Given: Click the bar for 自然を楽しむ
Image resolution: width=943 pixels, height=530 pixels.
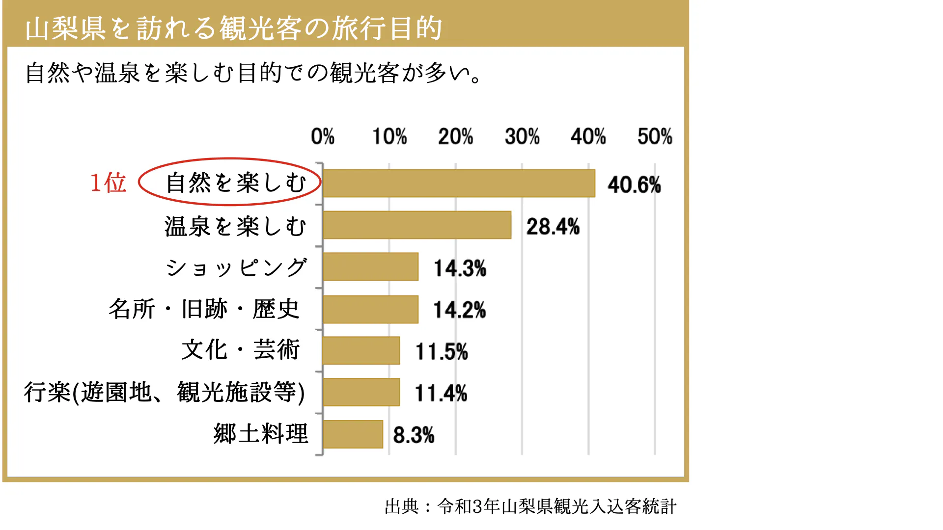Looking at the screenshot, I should [x=459, y=184].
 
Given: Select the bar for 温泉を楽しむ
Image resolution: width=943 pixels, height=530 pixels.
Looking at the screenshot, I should [x=417, y=225].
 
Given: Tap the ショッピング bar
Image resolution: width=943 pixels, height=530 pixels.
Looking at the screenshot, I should [x=371, y=267].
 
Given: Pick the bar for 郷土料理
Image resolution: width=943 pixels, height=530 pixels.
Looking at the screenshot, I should [x=353, y=434].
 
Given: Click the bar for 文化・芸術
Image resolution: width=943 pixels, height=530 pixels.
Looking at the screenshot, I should [x=361, y=350].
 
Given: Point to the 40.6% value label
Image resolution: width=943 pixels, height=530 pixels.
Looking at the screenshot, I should [x=634, y=185].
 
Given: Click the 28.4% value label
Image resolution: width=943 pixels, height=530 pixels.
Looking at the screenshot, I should [x=553, y=227].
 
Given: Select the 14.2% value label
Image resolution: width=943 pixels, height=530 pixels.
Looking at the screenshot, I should [x=460, y=310].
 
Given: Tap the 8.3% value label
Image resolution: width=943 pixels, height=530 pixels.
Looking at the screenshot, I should [x=414, y=435].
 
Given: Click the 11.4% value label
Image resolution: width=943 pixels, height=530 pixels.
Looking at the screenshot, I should [x=441, y=394].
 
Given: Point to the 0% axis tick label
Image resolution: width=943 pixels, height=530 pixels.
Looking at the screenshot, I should [x=323, y=136].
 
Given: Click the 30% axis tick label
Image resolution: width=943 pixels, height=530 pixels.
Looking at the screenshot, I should [x=522, y=136].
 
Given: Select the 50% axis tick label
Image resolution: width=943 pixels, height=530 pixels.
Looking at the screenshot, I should [x=655, y=136].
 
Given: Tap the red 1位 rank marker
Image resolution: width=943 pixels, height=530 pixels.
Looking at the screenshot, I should [x=108, y=183].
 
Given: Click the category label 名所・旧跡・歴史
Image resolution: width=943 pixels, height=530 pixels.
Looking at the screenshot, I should [x=204, y=309].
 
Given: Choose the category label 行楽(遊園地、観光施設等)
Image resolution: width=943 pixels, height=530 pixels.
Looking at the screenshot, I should [x=165, y=393].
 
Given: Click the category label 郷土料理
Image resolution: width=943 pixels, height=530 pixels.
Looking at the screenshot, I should [x=261, y=434].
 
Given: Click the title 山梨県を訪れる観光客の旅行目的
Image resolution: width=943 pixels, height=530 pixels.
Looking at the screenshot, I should [x=234, y=28].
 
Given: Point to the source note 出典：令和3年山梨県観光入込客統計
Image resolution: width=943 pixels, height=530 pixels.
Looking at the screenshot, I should [x=530, y=506].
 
